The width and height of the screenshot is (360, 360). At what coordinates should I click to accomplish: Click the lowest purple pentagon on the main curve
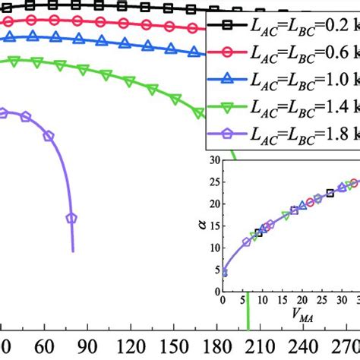point(71,217)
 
